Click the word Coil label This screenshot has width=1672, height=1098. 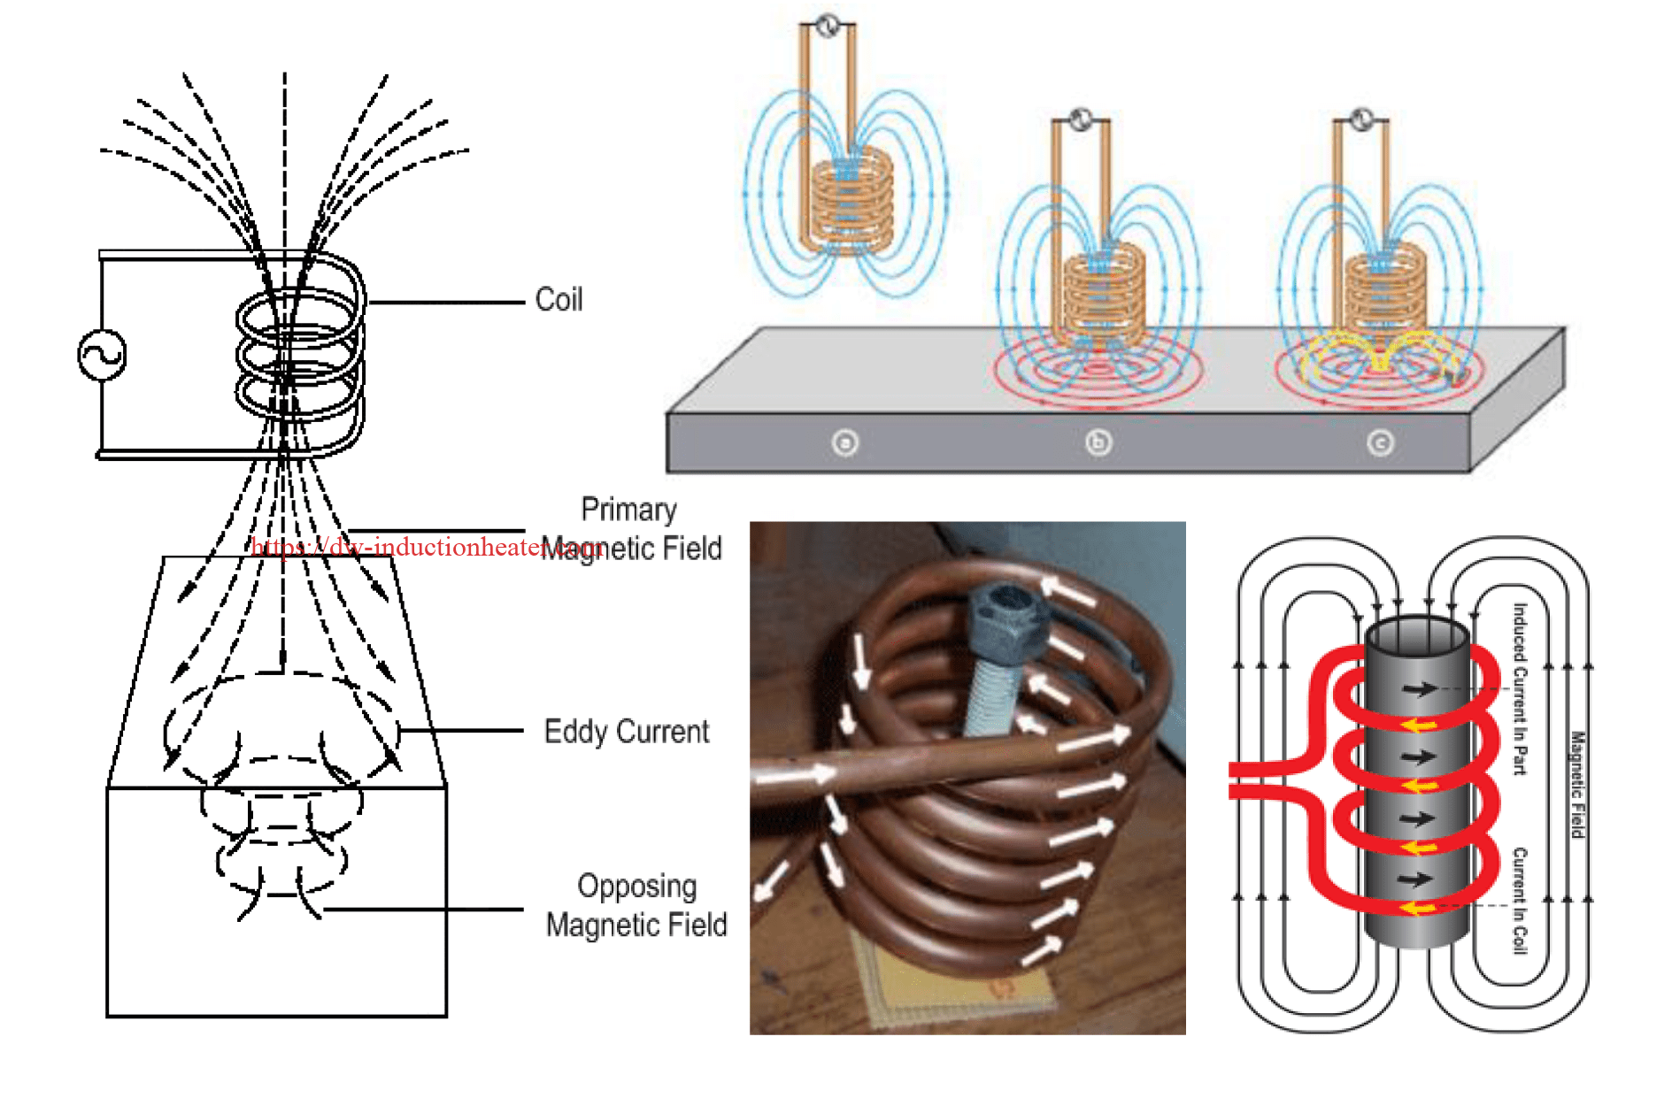(559, 300)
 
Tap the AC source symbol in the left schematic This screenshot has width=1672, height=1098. (102, 355)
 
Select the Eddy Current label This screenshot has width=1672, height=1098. (626, 732)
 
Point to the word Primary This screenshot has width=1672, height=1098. (628, 510)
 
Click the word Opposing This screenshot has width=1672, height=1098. (636, 886)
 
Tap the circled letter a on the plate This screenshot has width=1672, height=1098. (845, 442)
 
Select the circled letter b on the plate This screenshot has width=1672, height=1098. (1098, 442)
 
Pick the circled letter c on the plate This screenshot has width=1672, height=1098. (1380, 442)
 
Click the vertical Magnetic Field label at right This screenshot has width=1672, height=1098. (1577, 784)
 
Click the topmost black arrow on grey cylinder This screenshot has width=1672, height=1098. (1419, 689)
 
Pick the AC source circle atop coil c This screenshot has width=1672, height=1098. (1361, 119)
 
